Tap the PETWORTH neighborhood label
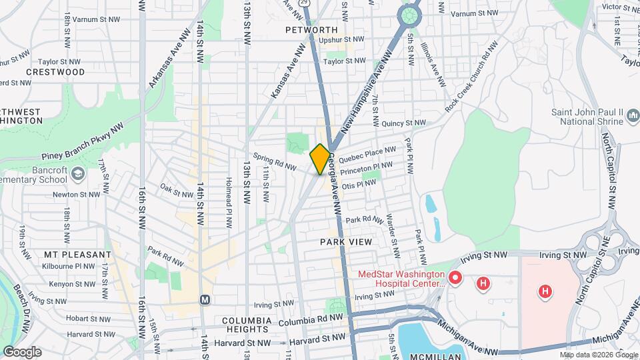(311, 30)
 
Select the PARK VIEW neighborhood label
(345, 241)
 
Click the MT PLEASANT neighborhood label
(78, 255)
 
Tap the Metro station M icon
(205, 299)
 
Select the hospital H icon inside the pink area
(545, 291)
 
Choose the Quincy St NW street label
(403, 123)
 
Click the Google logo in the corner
(22, 351)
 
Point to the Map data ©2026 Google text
(598, 355)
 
